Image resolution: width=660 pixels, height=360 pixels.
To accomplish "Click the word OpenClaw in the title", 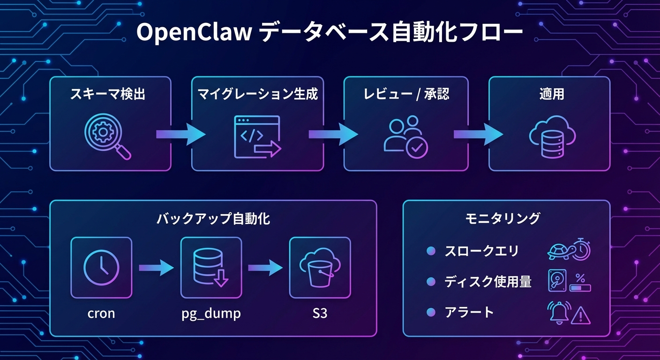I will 194,34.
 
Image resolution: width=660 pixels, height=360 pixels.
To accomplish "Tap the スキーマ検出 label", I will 108,94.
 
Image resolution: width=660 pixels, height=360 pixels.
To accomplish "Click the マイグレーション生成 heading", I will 257,94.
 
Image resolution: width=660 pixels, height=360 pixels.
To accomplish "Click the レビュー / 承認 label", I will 406,94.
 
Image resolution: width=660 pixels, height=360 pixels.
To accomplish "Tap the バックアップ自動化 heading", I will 213,218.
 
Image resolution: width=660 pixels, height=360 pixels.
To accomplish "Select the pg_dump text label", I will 211,313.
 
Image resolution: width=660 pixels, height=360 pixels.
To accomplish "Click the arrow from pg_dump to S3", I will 265,268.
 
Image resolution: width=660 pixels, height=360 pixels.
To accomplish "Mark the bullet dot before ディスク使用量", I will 431,282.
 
